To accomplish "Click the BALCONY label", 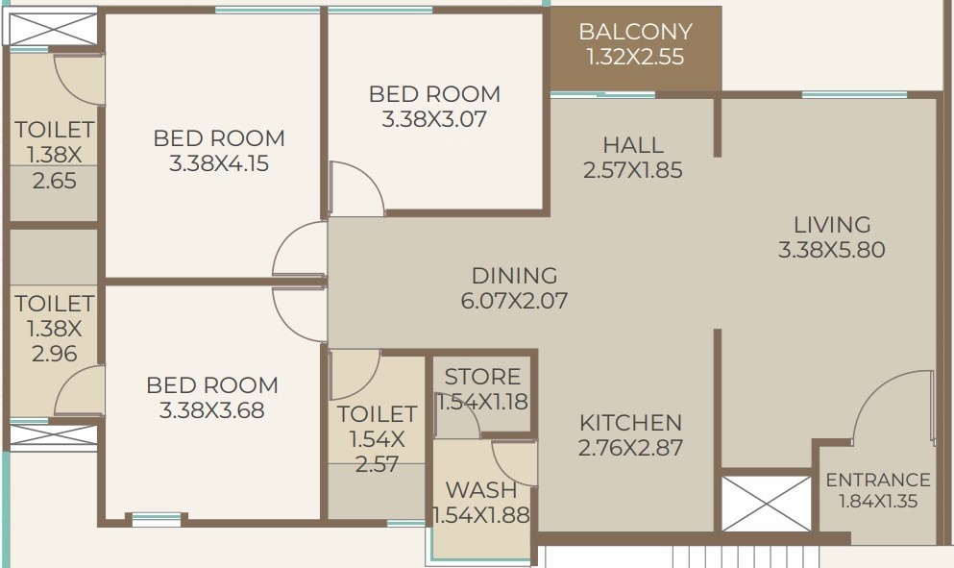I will pyautogui.click(x=635, y=32).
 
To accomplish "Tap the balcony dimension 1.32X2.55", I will pyautogui.click(x=635, y=57).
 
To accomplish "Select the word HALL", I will pyautogui.click(x=633, y=145).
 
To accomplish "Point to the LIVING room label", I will pyautogui.click(x=832, y=225).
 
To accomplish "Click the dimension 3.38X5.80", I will pyautogui.click(x=832, y=250).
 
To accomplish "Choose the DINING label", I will pyautogui.click(x=514, y=276).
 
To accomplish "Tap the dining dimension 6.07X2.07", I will pyautogui.click(x=514, y=301).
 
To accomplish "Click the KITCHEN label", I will pyautogui.click(x=630, y=423).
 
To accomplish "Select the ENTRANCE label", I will pyautogui.click(x=878, y=480).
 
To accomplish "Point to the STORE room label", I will pyautogui.click(x=482, y=377).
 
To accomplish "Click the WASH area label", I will pyautogui.click(x=481, y=491).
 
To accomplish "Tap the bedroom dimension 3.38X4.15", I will pyautogui.click(x=219, y=163).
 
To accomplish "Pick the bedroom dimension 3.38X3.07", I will pyautogui.click(x=434, y=120).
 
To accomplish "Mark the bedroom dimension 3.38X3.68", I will pyautogui.click(x=211, y=410).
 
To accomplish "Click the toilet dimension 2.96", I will pyautogui.click(x=54, y=353).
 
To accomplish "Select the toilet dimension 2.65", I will pyautogui.click(x=54, y=180).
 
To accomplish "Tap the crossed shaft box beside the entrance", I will pyautogui.click(x=767, y=502).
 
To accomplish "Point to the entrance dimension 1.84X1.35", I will pyautogui.click(x=878, y=501).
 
